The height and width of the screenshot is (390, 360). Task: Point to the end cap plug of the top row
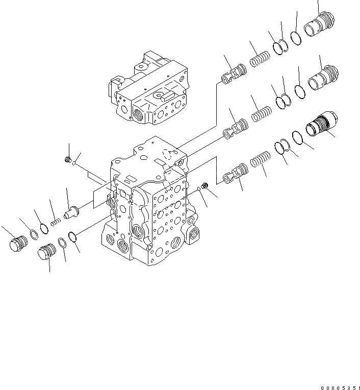(320, 25)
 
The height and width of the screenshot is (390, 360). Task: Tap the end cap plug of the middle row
(323, 77)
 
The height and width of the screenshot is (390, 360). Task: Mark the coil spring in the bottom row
(260, 160)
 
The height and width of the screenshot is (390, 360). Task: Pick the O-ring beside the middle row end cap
(300, 91)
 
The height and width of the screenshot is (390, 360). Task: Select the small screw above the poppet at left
(67, 160)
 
